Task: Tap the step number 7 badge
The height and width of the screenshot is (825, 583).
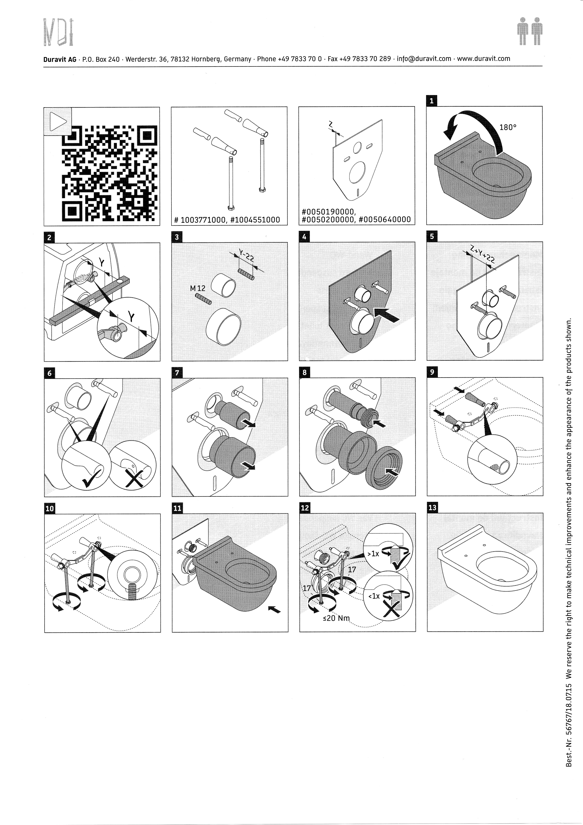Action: click(177, 373)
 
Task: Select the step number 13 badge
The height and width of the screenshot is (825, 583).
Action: click(432, 508)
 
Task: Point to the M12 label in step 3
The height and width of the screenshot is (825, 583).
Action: click(198, 288)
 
